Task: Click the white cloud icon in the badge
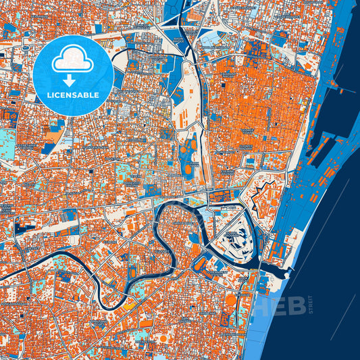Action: pos(73,57)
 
